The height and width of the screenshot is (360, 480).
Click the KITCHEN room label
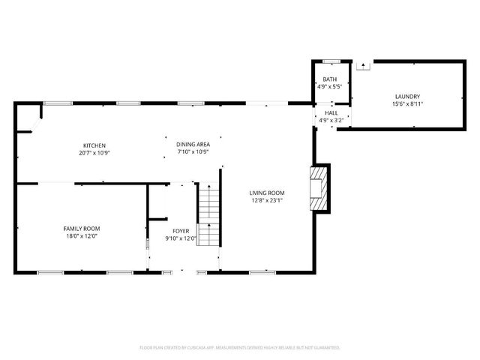pos(94,145)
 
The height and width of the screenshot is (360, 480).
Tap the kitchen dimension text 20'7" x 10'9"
pos(94,152)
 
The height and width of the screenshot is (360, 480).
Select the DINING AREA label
pos(193,144)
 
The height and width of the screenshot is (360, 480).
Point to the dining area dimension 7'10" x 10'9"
pos(193,152)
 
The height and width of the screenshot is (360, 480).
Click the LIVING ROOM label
pos(267,193)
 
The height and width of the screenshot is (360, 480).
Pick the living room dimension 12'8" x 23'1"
pos(267,200)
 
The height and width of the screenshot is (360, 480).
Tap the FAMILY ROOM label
pos(81,229)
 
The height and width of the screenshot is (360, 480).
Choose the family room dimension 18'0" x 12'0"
pos(81,236)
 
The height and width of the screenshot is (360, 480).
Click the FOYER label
pos(181,232)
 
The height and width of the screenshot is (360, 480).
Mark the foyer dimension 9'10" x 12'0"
pos(181,239)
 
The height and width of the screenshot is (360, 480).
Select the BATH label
pos(330,79)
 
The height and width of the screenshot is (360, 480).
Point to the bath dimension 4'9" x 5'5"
pos(330,87)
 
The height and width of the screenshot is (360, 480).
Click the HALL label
pos(331,112)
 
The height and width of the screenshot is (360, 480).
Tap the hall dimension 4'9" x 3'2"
pos(331,120)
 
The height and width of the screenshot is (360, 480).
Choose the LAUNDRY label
pos(407,96)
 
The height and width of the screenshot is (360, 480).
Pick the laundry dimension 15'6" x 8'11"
pos(407,104)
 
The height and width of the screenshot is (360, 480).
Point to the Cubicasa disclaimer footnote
pos(240,348)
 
